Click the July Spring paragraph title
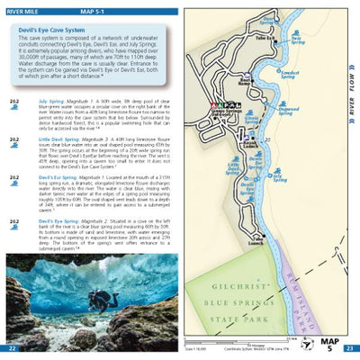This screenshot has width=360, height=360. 50,101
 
